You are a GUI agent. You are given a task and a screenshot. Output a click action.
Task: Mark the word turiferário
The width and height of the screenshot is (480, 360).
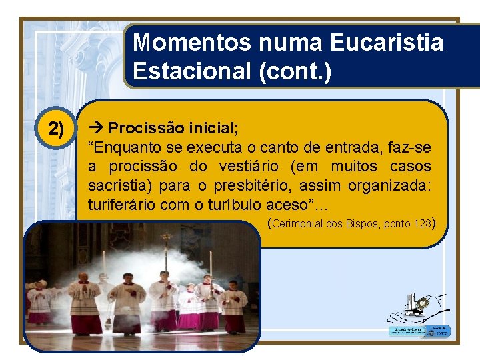click(x=121, y=205)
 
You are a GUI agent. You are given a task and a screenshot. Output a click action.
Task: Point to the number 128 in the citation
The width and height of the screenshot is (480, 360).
click(x=422, y=224)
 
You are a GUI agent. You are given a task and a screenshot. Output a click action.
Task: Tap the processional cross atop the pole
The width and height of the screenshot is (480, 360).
click(x=165, y=238)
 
